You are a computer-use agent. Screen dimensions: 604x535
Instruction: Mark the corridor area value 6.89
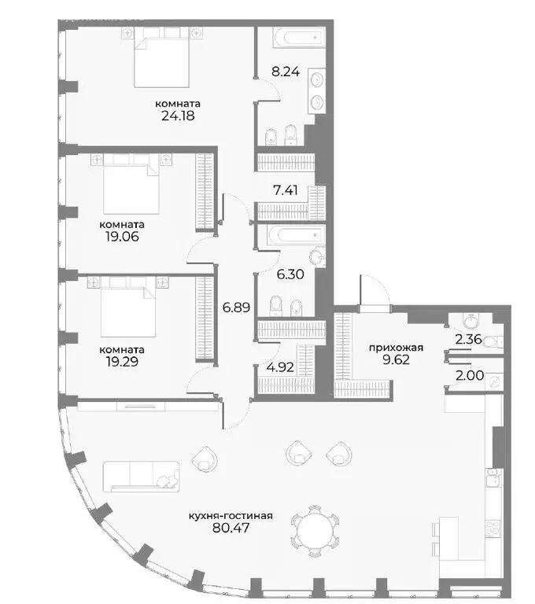235,308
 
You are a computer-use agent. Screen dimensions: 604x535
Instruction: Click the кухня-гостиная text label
231,516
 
